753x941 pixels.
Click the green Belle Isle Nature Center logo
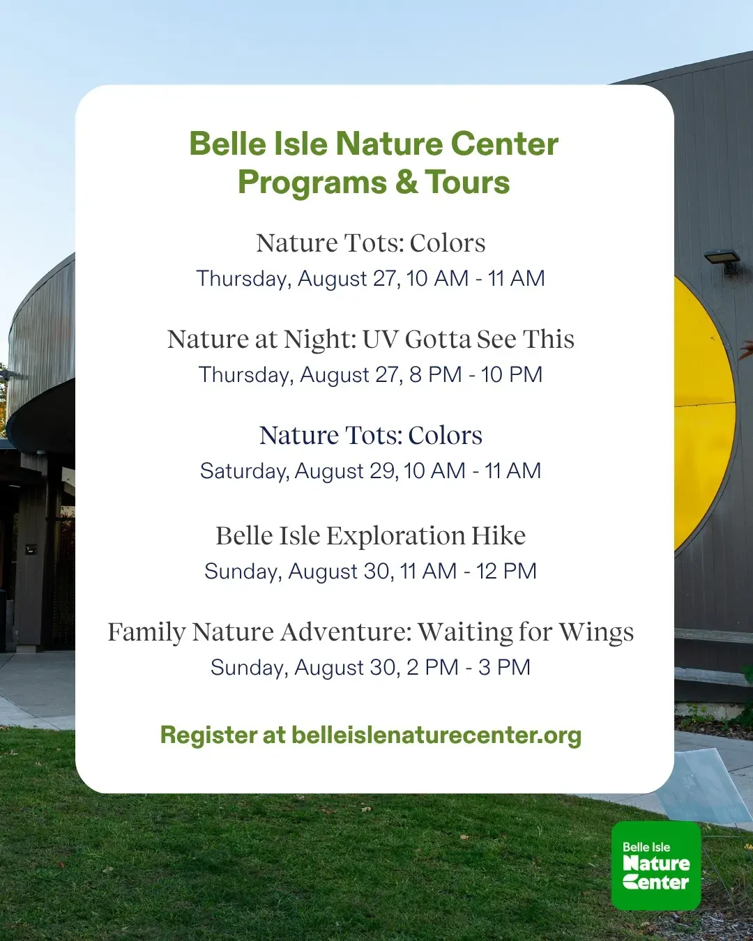[656, 865]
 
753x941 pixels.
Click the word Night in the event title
[320, 340]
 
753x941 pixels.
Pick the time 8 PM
[435, 375]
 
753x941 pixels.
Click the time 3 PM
[504, 667]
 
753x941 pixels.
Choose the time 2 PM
[432, 667]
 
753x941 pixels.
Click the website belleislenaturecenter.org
[436, 735]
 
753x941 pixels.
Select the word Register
[208, 735]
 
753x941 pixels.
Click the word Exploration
[395, 537]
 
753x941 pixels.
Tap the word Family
[146, 634]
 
